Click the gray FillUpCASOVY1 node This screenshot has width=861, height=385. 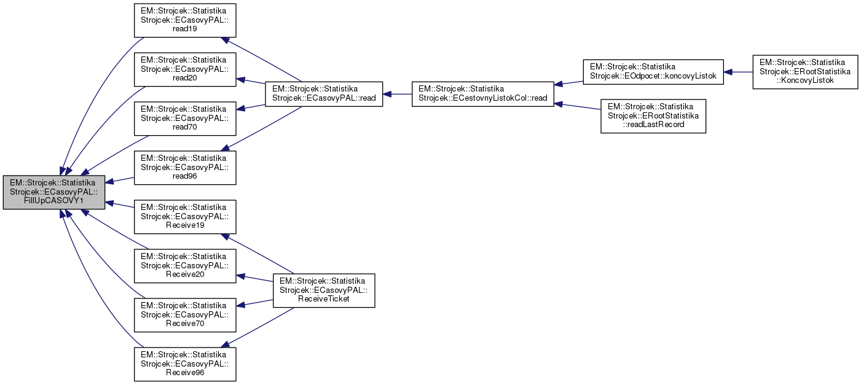[x=54, y=193]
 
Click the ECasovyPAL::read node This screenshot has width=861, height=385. [x=324, y=94]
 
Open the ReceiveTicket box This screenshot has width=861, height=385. [x=324, y=290]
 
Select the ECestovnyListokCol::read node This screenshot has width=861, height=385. [x=483, y=94]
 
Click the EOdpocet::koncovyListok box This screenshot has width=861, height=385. [x=653, y=71]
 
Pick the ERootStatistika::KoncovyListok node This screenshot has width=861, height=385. [x=806, y=71]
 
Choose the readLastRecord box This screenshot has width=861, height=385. [x=653, y=116]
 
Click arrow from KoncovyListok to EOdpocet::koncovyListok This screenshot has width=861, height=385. [x=739, y=71]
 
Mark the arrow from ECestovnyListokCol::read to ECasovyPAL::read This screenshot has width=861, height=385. [x=398, y=94]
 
